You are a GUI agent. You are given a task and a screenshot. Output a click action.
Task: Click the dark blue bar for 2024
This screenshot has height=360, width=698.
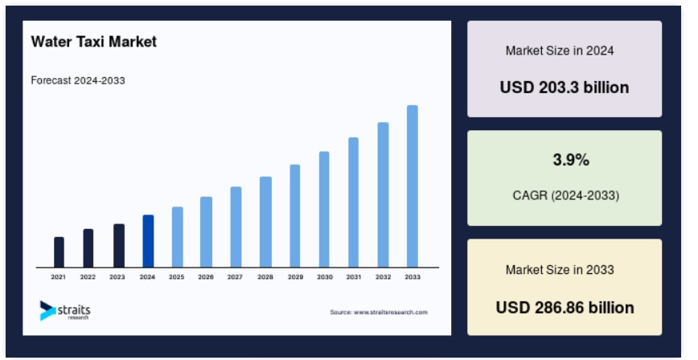click(x=148, y=241)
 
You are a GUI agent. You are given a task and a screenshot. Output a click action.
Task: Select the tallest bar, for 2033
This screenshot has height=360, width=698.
click(x=413, y=186)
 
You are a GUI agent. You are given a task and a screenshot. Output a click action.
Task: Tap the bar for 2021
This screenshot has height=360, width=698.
click(x=59, y=252)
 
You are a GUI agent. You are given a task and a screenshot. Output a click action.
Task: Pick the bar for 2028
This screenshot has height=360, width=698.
click(x=265, y=222)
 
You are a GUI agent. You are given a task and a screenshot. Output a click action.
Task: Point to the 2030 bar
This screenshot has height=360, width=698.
click(x=324, y=210)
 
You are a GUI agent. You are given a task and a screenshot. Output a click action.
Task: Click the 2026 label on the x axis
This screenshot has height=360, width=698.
click(x=206, y=276)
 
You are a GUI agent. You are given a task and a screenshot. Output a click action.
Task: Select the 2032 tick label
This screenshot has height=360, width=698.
click(x=383, y=276)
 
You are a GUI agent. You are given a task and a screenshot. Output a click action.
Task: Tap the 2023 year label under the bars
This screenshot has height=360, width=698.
click(x=117, y=276)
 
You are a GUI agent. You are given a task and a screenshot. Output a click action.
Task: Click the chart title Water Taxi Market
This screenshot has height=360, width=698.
click(x=94, y=42)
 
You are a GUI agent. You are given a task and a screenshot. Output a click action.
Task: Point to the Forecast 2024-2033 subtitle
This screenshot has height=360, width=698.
click(x=78, y=80)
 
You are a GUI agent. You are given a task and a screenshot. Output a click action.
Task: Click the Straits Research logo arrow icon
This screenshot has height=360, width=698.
click(x=47, y=311)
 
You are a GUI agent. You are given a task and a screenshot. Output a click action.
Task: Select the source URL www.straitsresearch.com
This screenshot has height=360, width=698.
click(x=391, y=313)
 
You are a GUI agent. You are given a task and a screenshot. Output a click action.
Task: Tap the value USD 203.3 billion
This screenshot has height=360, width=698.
click(x=565, y=88)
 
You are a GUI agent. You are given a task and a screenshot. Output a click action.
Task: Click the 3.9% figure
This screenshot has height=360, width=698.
click(x=571, y=160)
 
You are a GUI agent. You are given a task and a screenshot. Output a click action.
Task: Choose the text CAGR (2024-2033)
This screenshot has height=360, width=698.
click(x=566, y=195)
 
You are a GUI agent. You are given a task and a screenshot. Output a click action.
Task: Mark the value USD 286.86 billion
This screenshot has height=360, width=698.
click(x=565, y=308)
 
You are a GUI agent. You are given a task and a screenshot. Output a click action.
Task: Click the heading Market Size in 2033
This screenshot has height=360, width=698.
click(x=560, y=270)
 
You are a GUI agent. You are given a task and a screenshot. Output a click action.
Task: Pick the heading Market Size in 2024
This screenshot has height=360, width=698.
click(x=560, y=51)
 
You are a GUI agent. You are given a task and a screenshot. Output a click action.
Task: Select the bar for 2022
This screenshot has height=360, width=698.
click(x=88, y=248)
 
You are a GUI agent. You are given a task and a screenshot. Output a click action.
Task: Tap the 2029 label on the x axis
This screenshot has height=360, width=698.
click(x=296, y=276)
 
